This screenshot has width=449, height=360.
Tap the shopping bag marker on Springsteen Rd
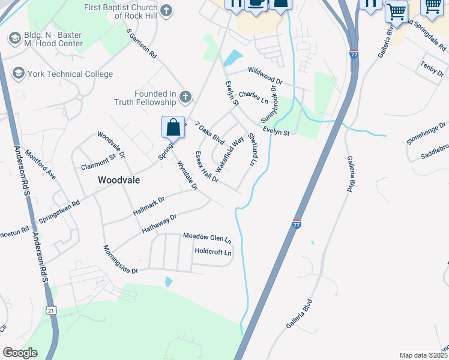(173, 128)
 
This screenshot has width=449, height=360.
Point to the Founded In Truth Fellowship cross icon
(185, 97)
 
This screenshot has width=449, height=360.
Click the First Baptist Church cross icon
(166, 10)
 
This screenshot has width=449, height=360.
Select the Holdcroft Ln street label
(212, 252)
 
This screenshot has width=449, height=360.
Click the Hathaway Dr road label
(158, 224)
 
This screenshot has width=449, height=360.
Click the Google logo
(20, 353)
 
